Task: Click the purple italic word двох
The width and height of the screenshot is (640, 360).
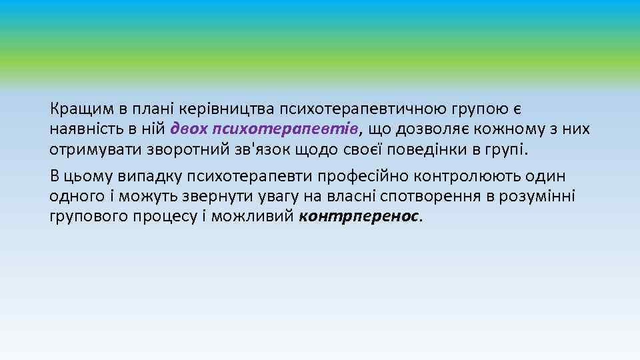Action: pos(188,128)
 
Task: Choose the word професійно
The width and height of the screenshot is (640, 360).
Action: pos(368,177)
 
